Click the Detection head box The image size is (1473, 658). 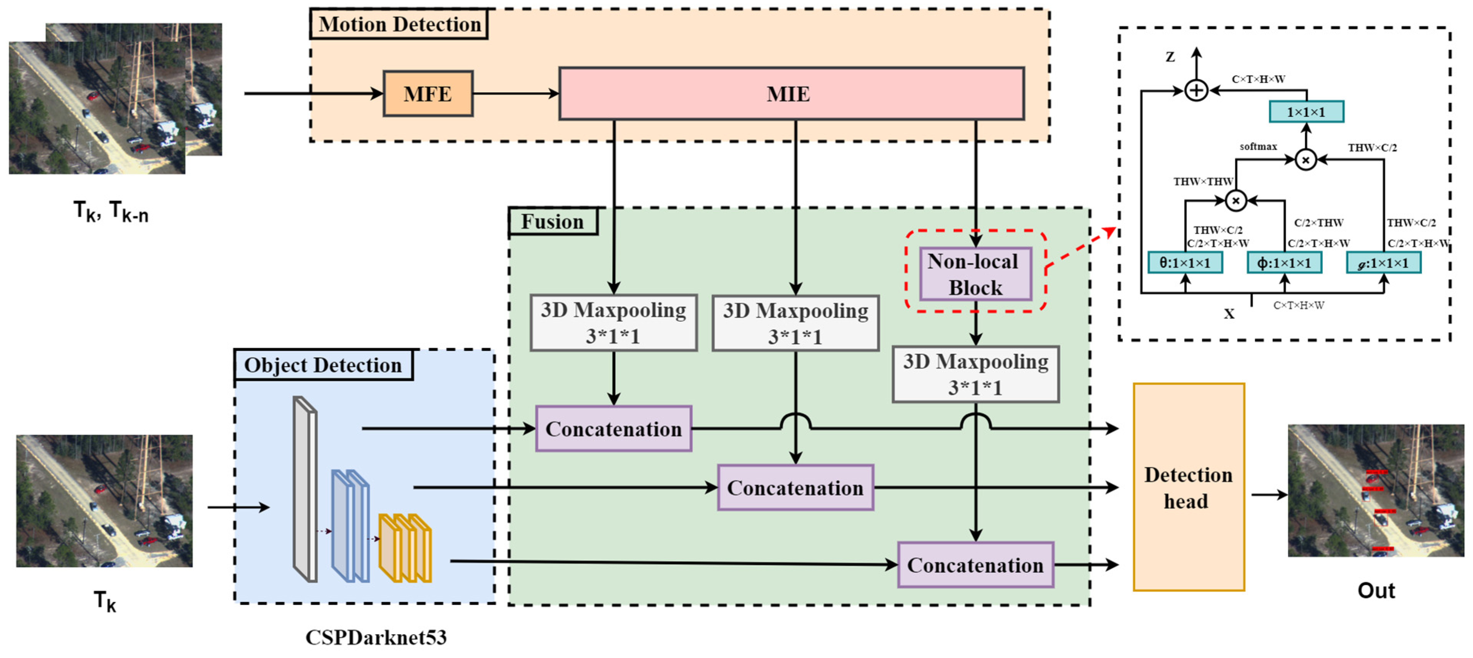(1188, 487)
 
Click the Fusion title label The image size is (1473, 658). (552, 221)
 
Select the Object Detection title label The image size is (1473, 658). (323, 365)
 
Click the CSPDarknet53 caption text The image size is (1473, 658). (376, 637)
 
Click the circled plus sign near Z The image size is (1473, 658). (1196, 90)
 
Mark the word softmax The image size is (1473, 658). (1258, 146)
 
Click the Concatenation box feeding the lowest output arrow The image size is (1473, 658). (975, 565)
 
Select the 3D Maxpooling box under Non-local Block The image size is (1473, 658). (975, 374)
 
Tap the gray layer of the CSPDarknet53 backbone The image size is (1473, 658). (304, 489)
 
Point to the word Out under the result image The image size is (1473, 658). (1376, 590)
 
